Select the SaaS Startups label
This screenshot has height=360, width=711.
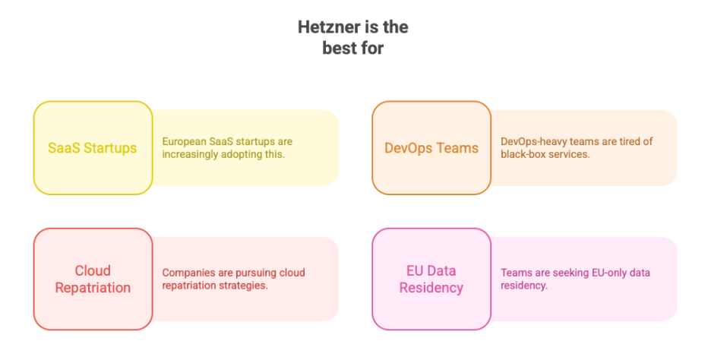(x=93, y=148)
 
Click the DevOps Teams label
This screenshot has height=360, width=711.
(x=431, y=148)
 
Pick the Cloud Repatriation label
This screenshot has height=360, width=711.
(x=93, y=279)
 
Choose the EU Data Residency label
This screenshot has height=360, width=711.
(x=431, y=279)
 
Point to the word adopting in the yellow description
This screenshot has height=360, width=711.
(x=243, y=153)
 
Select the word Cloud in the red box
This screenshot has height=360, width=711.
(x=93, y=271)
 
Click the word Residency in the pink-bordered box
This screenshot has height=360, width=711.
(x=431, y=288)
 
